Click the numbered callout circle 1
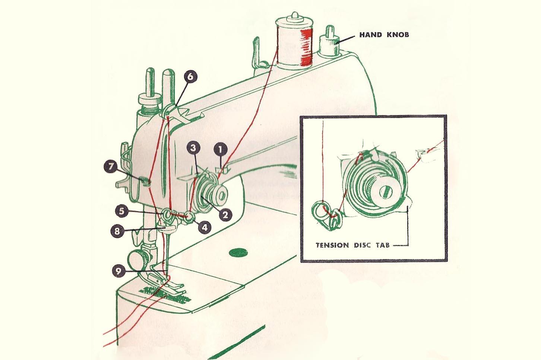pos(221,150)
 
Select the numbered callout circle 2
pos(225,214)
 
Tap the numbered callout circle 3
pos(193,148)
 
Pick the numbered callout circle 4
pos(205,227)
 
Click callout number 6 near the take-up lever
pos(190,77)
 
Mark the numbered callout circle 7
pos(111,166)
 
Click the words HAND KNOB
pos(384,35)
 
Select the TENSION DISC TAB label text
pos(352,245)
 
